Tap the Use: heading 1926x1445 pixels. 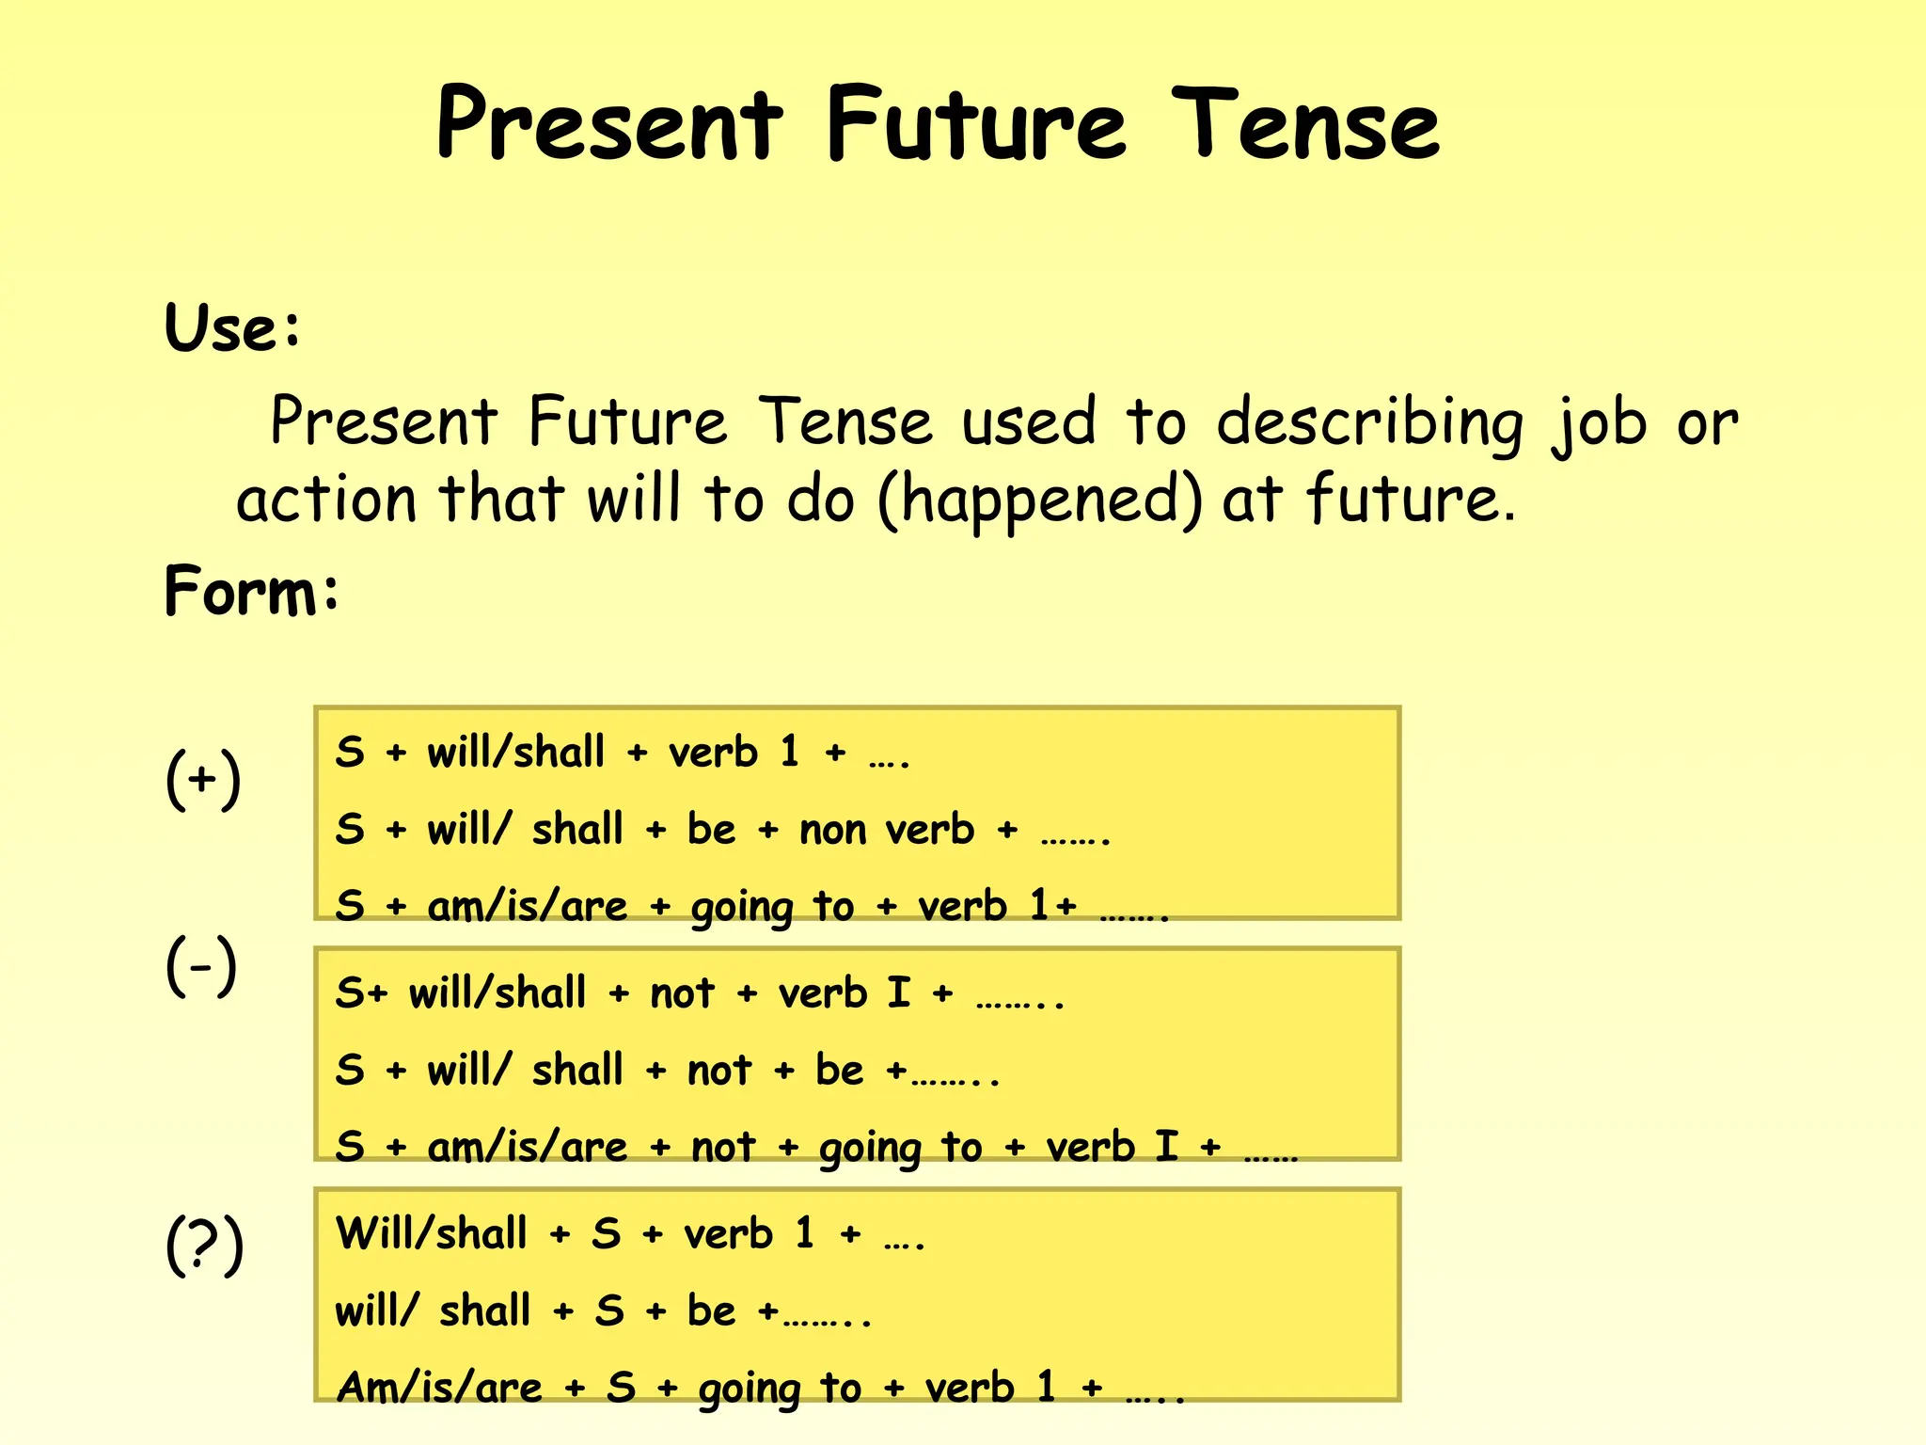pos(233,328)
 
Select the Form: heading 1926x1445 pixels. pos(251,592)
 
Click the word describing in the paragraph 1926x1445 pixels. pos(1369,422)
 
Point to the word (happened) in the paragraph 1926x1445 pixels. pos(1039,500)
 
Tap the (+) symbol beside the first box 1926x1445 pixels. pos(203,779)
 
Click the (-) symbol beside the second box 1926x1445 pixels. pos(201,966)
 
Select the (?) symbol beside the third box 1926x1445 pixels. pos(204,1245)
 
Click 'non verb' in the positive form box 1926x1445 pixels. pos(887,830)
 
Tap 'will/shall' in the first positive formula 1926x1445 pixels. pos(515,753)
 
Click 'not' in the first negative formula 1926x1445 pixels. pos(682,993)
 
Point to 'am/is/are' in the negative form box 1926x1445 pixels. pos(527,1147)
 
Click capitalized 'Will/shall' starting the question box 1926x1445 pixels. pos(432,1233)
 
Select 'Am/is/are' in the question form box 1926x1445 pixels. pos(439,1388)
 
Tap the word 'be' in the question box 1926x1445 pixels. pos(711,1310)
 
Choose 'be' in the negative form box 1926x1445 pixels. pos(839,1070)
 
